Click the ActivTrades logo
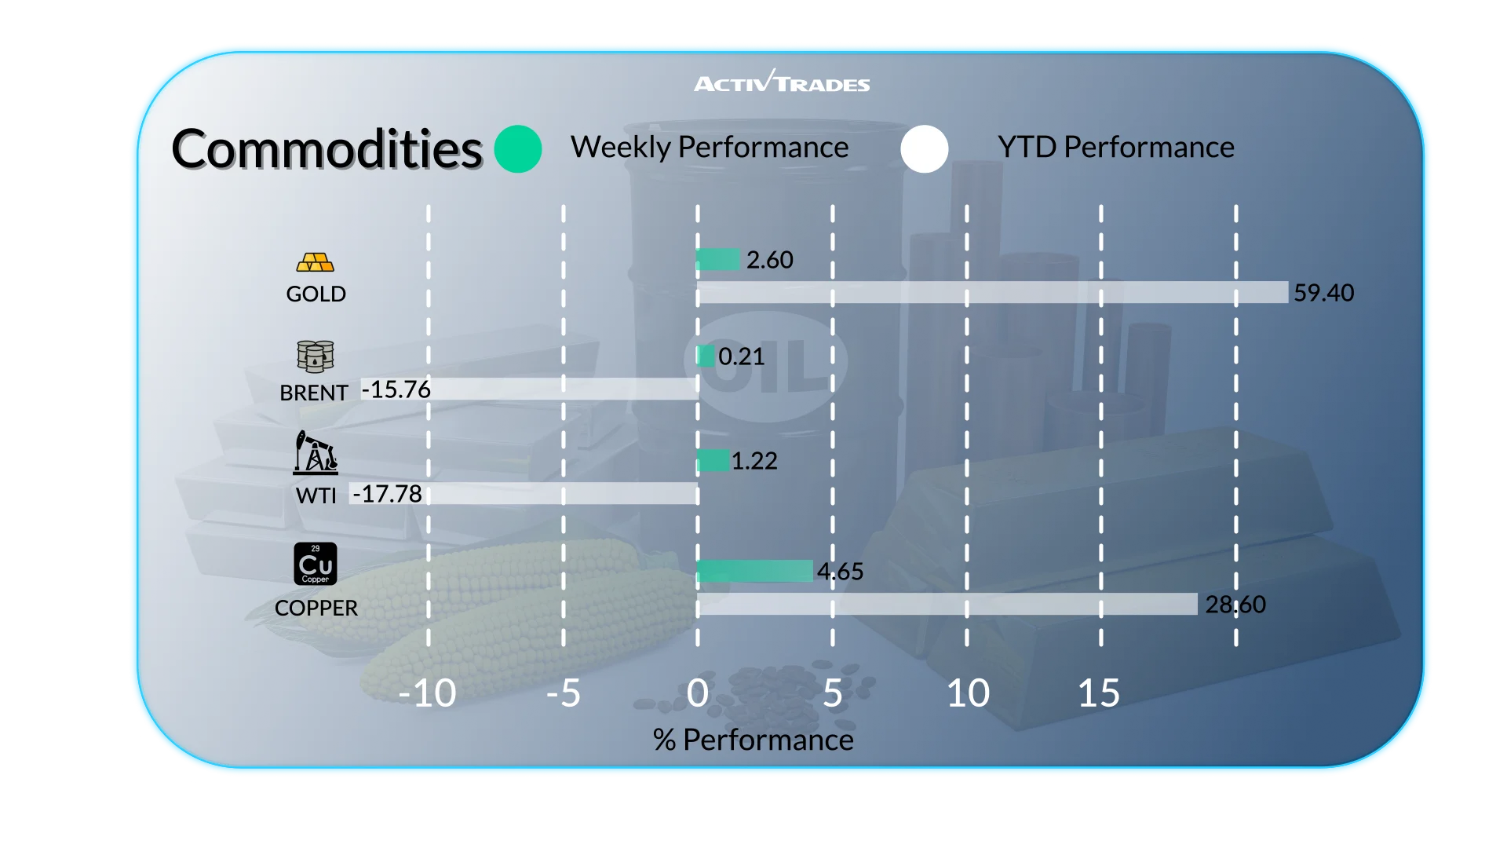[782, 82]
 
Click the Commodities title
[327, 149]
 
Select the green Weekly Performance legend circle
[518, 149]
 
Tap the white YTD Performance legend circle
[925, 149]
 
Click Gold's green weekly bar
[718, 259]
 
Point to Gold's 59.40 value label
[1323, 293]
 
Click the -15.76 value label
[396, 389]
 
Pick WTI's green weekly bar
[713, 460]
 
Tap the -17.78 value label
[388, 494]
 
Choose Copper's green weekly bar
[754, 571]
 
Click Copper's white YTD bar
[947, 604]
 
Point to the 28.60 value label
[1235, 605]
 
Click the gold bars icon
[316, 262]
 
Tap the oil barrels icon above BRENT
[316, 356]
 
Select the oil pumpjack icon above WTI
[316, 452]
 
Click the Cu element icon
[316, 564]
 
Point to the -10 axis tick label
[427, 693]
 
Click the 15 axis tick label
[1099, 693]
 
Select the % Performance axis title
[753, 740]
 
